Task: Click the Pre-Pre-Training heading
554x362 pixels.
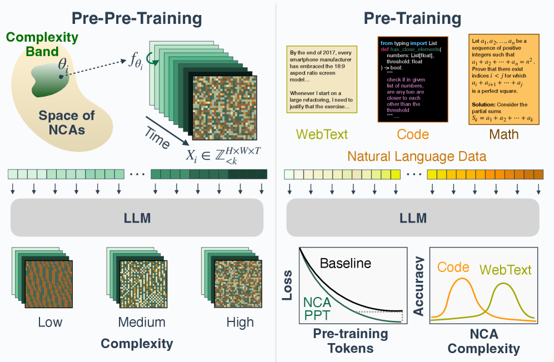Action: point(137,19)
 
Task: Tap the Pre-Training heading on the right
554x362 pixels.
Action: point(412,19)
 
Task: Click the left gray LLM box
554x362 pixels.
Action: point(137,217)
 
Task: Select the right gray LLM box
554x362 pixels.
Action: point(412,217)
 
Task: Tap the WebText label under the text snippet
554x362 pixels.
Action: point(322,134)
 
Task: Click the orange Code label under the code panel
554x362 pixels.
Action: point(413,134)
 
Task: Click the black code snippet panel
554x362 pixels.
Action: point(413,79)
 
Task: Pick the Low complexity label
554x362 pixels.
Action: point(50,322)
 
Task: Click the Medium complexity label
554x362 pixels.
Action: point(142,322)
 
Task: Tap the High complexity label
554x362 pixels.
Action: point(240,322)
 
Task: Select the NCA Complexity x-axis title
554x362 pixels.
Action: point(483,341)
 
